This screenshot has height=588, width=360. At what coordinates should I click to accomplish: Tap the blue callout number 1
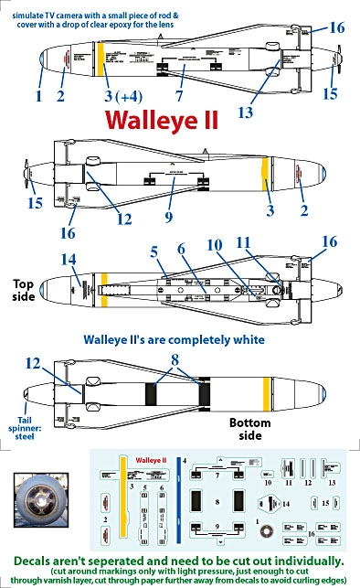(x=39, y=94)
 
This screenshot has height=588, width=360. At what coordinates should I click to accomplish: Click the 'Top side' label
(x=25, y=291)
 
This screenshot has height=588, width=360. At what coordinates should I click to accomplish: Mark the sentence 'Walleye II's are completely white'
(x=174, y=339)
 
